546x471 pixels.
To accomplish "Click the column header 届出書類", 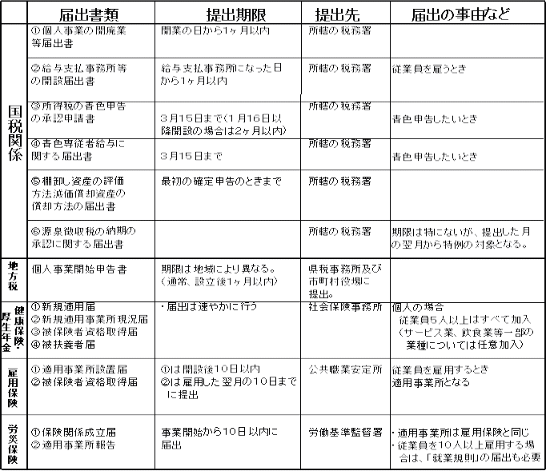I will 89,13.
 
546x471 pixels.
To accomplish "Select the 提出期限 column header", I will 227,13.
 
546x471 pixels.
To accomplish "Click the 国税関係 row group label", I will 14,139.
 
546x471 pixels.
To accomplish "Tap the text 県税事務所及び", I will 345,269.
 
